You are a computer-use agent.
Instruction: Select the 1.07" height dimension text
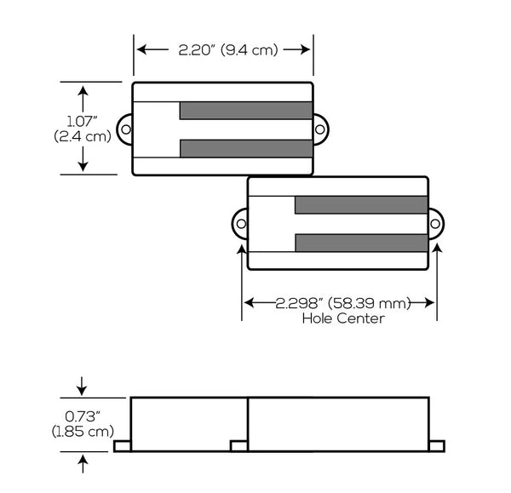pyautogui.click(x=83, y=122)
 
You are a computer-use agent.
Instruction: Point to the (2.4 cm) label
pyautogui.click(x=83, y=136)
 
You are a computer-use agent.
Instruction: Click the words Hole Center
pyautogui.click(x=342, y=318)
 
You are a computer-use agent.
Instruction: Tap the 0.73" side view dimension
pyautogui.click(x=82, y=417)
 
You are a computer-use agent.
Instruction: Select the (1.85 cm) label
pyautogui.click(x=82, y=432)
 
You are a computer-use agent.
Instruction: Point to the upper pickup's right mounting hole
pyautogui.click(x=321, y=129)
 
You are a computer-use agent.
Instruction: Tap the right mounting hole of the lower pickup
pyautogui.click(x=436, y=224)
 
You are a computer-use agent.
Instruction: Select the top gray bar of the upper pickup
pyautogui.click(x=245, y=111)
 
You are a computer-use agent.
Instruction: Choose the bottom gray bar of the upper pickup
pyautogui.click(x=245, y=148)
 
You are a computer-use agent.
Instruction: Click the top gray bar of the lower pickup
pyautogui.click(x=360, y=204)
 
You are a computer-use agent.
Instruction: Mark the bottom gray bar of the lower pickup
pyautogui.click(x=360, y=243)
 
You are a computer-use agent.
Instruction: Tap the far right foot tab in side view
pyautogui.click(x=437, y=446)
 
